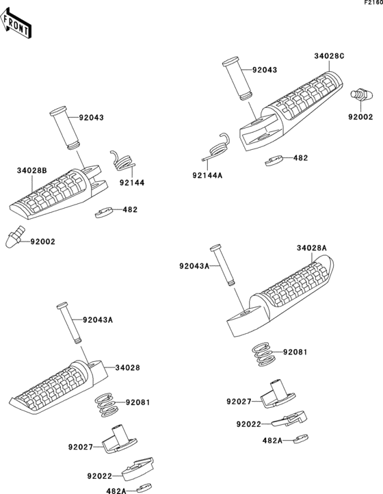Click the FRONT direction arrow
(16, 25)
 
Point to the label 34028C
(329, 57)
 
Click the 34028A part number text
(311, 248)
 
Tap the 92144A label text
(207, 175)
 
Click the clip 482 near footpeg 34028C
(274, 161)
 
